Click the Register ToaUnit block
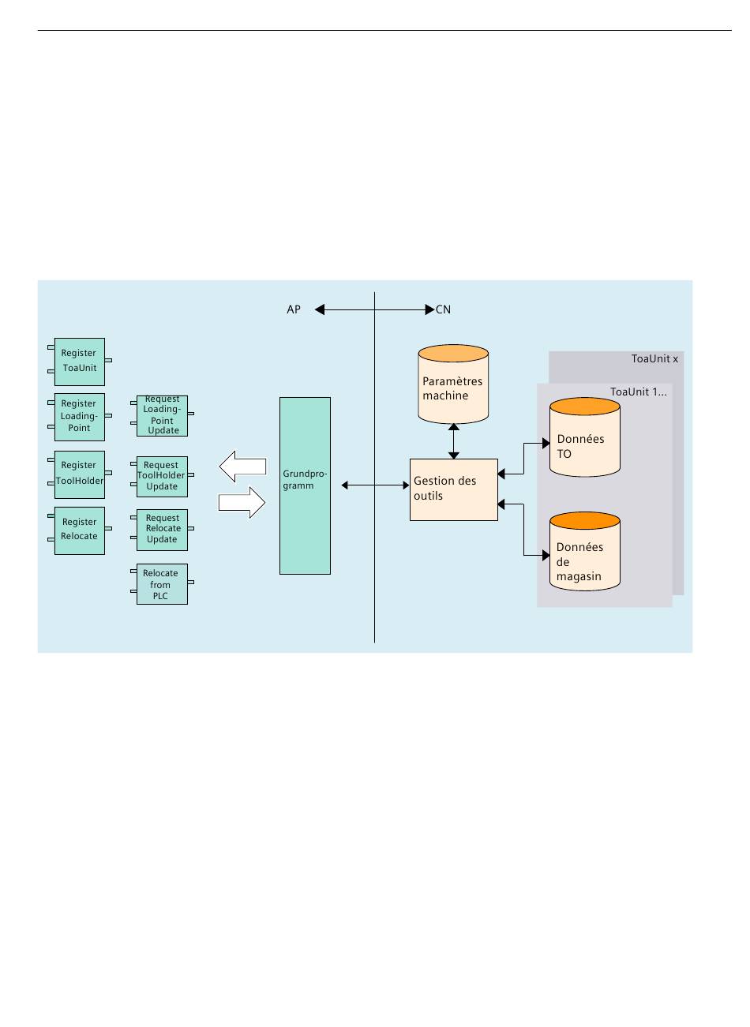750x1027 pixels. coord(80,362)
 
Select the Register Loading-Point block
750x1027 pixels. coord(80,416)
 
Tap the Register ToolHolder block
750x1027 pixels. coord(80,473)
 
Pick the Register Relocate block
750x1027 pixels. coord(80,530)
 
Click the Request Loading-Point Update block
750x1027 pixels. coord(162,415)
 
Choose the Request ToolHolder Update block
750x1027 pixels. coord(162,476)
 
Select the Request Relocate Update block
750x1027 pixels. coord(162,529)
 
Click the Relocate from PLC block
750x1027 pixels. coord(161,584)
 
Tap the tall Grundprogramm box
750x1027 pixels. coord(305,485)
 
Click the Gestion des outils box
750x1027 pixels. coord(453,489)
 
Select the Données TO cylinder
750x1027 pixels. coord(584,438)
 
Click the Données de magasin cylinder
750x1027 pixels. coord(584,553)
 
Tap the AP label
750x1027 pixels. coord(294,310)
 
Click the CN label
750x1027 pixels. coord(444,310)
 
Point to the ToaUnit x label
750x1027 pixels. coord(654,359)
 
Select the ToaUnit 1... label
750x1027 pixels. coord(638,392)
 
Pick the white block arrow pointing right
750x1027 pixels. coord(242,502)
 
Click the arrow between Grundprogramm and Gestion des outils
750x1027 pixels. coord(375,485)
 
